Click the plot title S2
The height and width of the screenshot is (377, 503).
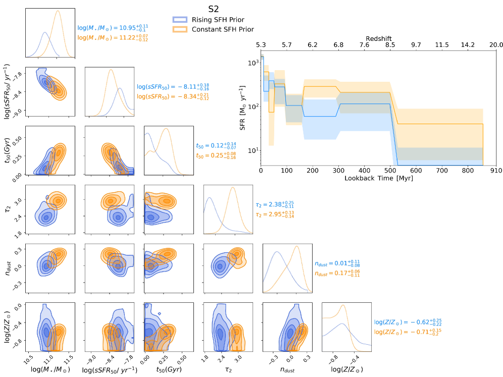(x=213, y=9)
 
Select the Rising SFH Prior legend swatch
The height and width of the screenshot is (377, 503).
(x=180, y=20)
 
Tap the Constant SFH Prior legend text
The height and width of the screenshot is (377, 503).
(x=222, y=29)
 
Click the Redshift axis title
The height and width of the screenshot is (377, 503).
(x=378, y=38)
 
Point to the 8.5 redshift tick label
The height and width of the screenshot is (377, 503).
(x=390, y=45)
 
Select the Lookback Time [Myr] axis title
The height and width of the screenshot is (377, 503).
(x=378, y=179)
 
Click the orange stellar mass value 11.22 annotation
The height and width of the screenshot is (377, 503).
(x=113, y=37)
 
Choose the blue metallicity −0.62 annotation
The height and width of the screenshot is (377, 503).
(x=404, y=322)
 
